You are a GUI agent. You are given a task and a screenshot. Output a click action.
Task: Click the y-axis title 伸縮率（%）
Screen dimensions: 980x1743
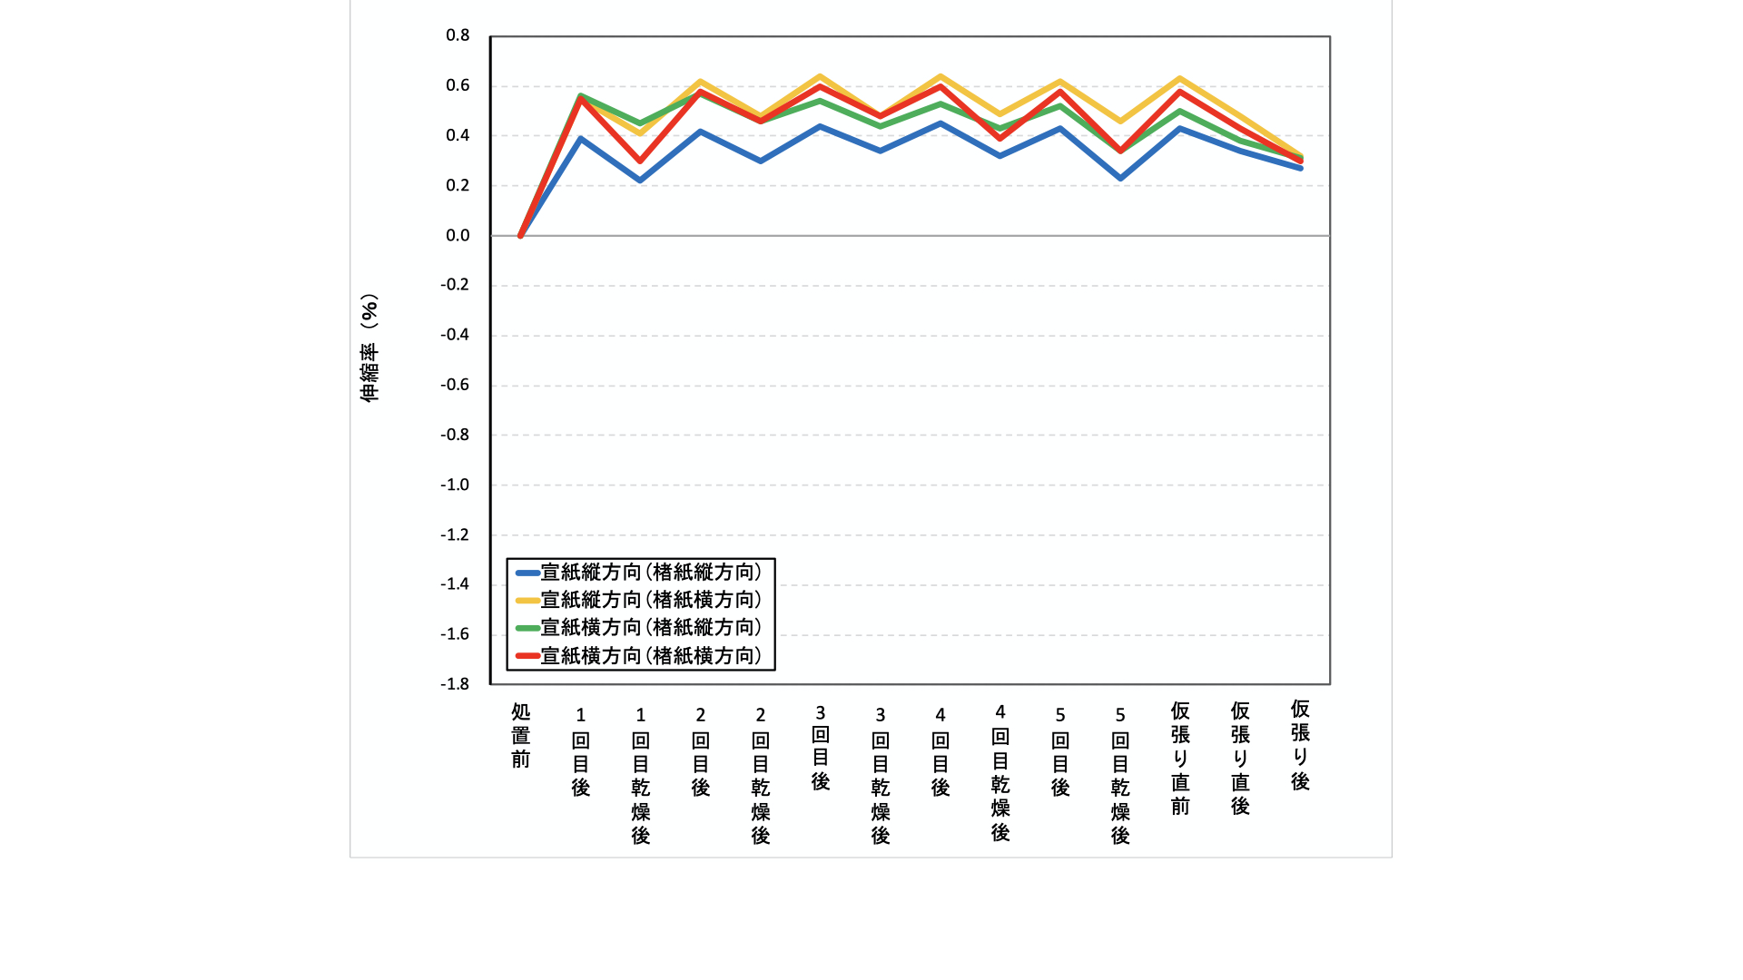click(369, 348)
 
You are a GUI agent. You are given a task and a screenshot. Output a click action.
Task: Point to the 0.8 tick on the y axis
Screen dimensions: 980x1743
click(458, 35)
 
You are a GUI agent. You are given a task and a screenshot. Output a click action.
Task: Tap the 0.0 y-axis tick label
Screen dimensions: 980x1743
click(458, 235)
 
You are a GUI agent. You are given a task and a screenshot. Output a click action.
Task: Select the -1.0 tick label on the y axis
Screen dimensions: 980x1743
click(455, 485)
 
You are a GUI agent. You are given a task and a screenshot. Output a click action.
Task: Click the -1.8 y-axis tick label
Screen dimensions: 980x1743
click(455, 683)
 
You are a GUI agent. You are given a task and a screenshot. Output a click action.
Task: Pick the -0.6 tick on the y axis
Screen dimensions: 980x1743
click(455, 385)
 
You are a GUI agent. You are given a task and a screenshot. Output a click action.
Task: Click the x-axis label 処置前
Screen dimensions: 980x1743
click(520, 735)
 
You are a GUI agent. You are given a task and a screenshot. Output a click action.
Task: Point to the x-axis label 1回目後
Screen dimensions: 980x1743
click(580, 751)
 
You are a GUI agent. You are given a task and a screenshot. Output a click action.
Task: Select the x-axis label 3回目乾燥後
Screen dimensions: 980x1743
click(880, 775)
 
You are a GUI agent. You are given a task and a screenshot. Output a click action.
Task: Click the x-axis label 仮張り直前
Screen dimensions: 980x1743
click(1180, 758)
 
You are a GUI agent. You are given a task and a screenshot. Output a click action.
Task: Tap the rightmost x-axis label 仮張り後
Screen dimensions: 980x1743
click(1300, 745)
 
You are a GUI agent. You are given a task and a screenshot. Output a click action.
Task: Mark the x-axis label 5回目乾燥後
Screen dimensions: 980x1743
click(1120, 775)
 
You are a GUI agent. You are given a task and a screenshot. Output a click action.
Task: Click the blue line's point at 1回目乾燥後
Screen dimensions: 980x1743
click(640, 181)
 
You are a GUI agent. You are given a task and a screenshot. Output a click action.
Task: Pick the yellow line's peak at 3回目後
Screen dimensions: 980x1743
click(821, 76)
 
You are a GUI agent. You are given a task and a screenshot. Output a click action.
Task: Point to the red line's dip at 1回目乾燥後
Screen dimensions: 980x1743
click(640, 161)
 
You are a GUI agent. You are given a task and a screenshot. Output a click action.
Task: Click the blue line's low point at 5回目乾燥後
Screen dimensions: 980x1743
click(1120, 178)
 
